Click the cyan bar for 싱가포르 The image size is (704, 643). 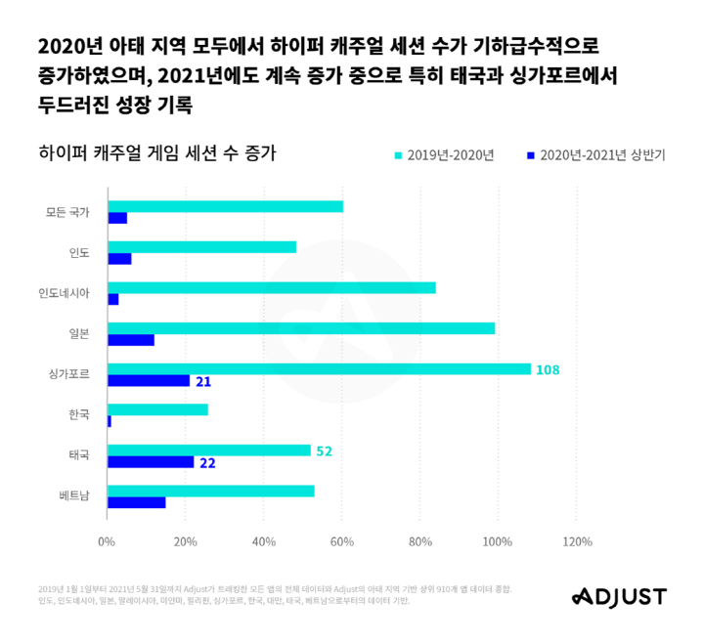coord(319,369)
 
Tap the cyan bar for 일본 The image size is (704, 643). coord(301,328)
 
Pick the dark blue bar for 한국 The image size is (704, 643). coord(110,421)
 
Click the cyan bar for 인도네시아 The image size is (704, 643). coord(272,287)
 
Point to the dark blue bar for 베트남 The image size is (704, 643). coord(137,502)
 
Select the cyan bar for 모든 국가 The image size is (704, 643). coord(225,206)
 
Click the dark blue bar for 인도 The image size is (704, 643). coord(119,259)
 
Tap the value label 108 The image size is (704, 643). coord(548,369)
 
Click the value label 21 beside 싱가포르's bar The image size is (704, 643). coord(203,381)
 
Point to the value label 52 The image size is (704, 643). coord(324,450)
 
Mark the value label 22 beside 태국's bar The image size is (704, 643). coord(207,462)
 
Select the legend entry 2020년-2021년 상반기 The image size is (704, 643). coord(601,154)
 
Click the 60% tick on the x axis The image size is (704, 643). coord(341,541)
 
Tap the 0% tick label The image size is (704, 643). coord(107,541)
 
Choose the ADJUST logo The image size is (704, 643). coord(618,596)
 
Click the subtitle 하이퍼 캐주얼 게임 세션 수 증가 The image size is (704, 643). coord(156,153)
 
